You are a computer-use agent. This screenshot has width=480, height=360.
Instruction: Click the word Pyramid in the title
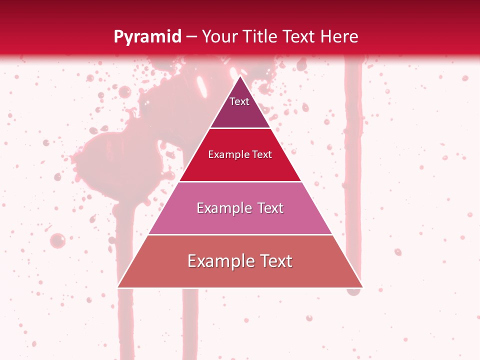pyautogui.click(x=147, y=37)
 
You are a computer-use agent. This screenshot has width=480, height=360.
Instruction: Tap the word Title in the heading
pyautogui.click(x=261, y=36)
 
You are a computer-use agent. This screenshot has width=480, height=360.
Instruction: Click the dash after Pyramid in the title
pyautogui.click(x=191, y=37)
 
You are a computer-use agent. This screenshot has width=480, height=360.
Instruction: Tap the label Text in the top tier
pyautogui.click(x=239, y=101)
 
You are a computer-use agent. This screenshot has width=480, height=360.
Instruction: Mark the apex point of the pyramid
pyautogui.click(x=240, y=76)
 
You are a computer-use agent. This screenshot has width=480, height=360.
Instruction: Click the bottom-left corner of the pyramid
pyautogui.click(x=118, y=287)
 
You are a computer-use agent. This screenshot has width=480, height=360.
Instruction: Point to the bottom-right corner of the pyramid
pyautogui.click(x=362, y=287)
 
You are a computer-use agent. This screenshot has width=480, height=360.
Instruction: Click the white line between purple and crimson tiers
pyautogui.click(x=240, y=128)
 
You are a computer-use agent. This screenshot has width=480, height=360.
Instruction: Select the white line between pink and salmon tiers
pyautogui.click(x=240, y=234)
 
